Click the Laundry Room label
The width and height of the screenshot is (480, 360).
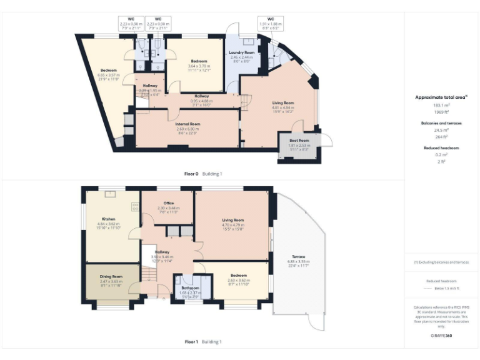point(242,52)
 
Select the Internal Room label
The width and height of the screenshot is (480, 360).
point(187,124)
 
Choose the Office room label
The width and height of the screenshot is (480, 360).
point(168,203)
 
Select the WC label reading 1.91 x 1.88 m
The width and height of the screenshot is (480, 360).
point(270,19)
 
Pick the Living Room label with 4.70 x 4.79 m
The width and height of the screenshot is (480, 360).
point(232,219)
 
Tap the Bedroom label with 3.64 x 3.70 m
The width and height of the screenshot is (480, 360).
point(199,61)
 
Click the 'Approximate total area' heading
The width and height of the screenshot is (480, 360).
point(440,97)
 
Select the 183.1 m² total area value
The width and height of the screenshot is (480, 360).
point(442,105)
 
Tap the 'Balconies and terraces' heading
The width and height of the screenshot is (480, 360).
point(442,123)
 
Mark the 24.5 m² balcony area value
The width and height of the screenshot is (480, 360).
point(442,131)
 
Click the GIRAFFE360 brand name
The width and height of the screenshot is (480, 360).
point(442,336)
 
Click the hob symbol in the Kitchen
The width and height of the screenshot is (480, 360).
point(135,206)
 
